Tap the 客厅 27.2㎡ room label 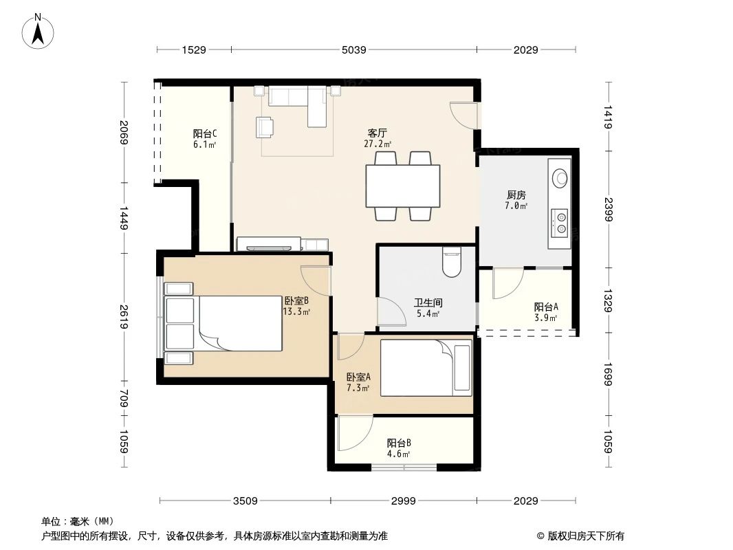tap(377, 138)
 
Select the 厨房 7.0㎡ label tap(516, 200)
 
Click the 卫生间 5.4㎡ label tap(427, 307)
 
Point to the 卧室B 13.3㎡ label tap(296, 306)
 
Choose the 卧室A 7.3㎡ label tap(358, 382)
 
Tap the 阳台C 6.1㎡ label tap(205, 139)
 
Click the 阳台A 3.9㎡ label tap(546, 312)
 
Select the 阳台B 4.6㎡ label tap(399, 448)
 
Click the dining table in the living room tap(403, 186)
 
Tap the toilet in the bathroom tap(452, 262)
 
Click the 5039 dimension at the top tap(353, 49)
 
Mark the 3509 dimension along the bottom tap(245, 501)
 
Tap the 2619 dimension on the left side tap(124, 317)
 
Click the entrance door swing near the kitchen tap(462, 113)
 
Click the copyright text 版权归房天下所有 tap(580, 536)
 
